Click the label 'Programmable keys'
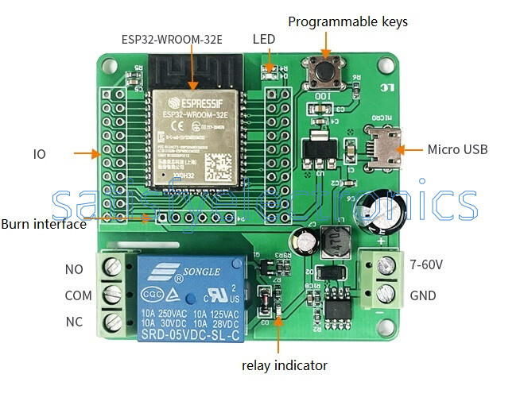click(347, 21)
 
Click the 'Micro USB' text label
click(457, 149)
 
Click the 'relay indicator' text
click(284, 365)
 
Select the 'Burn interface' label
click(44, 224)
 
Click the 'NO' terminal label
click(74, 269)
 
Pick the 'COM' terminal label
click(78, 295)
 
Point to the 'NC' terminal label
click(74, 322)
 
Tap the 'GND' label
click(422, 295)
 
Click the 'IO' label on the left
click(39, 153)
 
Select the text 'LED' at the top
click(264, 39)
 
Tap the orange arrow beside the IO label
click(85, 152)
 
